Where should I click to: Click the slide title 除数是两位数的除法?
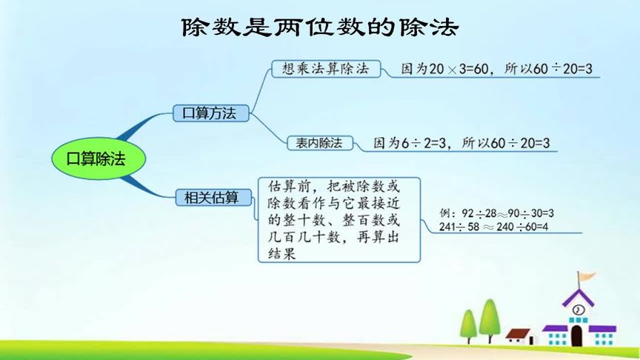(320, 27)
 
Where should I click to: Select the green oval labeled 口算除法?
(99, 159)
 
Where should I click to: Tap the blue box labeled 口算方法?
(210, 113)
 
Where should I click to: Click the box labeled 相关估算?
(213, 198)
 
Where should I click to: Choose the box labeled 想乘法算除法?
(326, 69)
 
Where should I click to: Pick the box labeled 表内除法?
(320, 143)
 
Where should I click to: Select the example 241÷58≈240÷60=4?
(493, 227)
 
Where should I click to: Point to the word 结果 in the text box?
(281, 254)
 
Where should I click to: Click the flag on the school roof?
(586, 277)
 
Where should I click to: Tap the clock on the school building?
(578, 310)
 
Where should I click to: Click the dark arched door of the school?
(576, 336)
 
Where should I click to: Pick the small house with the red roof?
(520, 337)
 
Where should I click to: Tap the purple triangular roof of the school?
(578, 298)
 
